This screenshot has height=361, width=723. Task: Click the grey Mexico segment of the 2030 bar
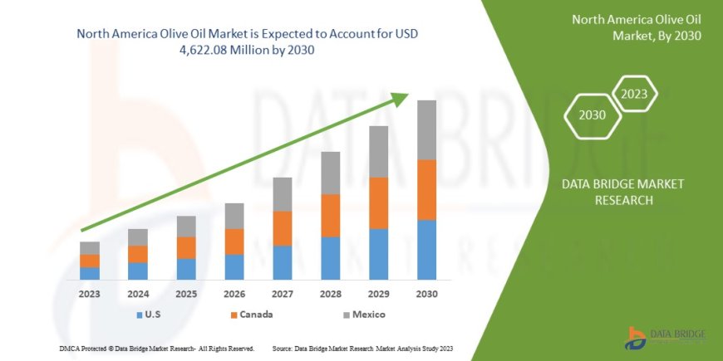[x=426, y=129]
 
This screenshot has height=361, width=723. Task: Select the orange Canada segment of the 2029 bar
[x=378, y=202]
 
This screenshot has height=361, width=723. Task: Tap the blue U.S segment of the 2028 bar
[x=330, y=258]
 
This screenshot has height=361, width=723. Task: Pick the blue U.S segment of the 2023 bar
[x=90, y=273]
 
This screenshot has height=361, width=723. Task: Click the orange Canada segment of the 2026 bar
[x=234, y=241]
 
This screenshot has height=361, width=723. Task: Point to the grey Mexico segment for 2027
[x=283, y=194]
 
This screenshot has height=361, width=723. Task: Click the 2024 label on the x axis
[x=138, y=294]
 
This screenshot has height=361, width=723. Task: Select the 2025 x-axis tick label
[x=186, y=294]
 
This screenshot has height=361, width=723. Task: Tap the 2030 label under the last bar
[x=426, y=294]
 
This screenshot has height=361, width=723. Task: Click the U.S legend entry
[x=150, y=315]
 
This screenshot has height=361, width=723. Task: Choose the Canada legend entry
[x=251, y=315]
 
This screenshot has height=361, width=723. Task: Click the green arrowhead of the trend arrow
[x=401, y=98]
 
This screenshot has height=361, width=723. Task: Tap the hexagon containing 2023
[x=635, y=94]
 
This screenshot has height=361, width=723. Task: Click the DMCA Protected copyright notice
[x=157, y=348]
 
